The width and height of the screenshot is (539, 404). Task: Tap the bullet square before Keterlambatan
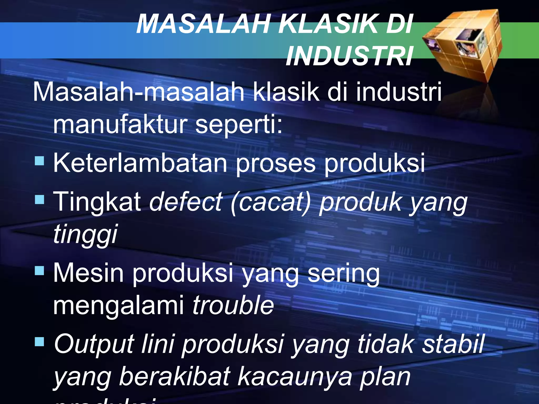coord(39,160)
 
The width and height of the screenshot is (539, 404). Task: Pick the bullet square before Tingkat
coord(39,199)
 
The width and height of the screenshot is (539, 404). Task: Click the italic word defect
coord(186,202)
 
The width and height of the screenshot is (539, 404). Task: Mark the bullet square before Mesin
coord(39,270)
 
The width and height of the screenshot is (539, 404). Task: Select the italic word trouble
coord(233,305)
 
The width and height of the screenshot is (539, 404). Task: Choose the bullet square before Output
coord(39,342)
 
